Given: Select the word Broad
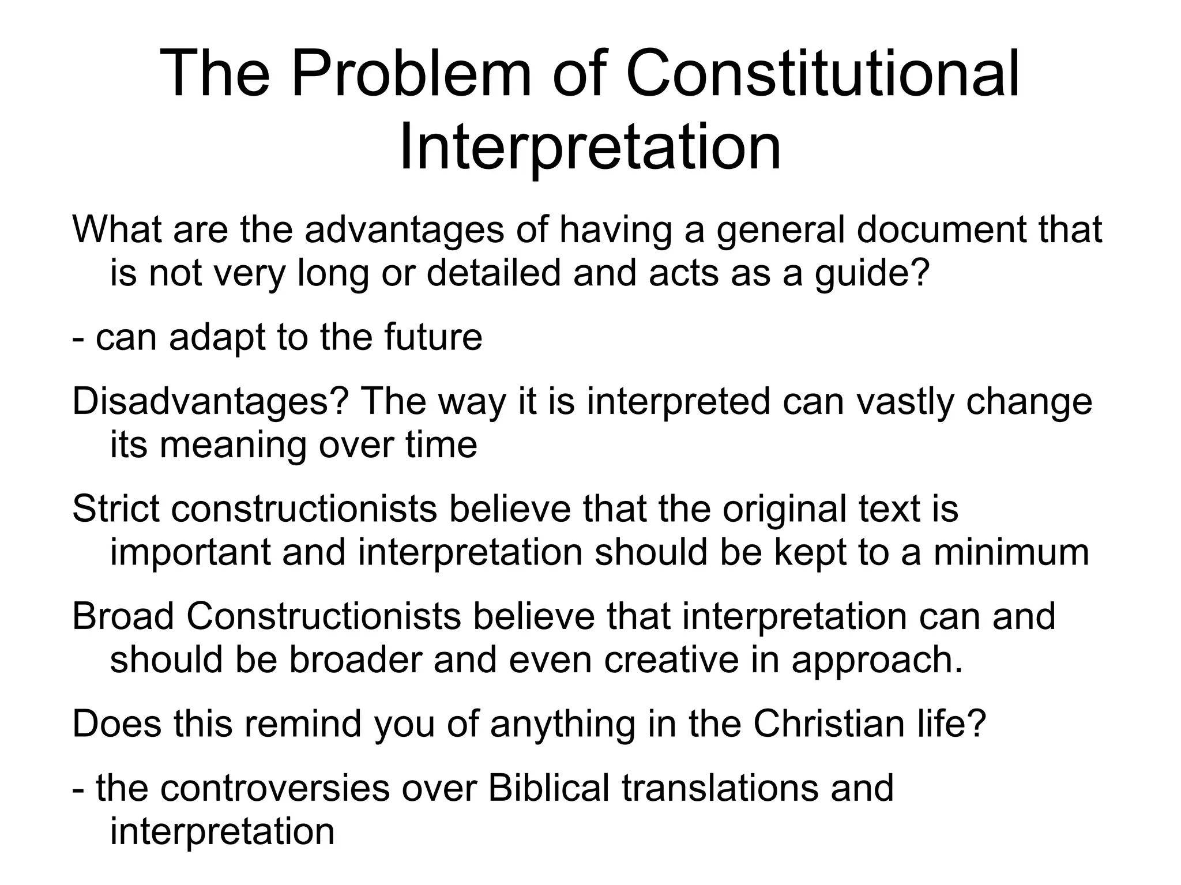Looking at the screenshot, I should tap(123, 616).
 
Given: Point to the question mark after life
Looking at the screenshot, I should tap(976, 724).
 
